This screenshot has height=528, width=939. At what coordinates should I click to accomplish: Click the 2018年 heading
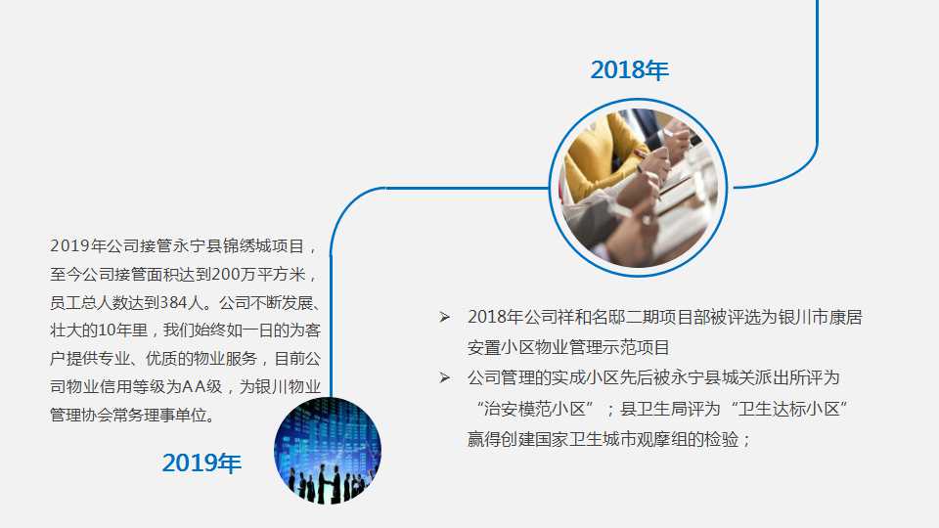pos(629,70)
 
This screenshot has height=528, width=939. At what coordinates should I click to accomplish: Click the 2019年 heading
pos(201,462)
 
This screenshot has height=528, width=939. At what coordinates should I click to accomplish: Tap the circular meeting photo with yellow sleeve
pos(639,188)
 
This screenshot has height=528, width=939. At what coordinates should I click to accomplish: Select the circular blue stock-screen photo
pos(328,450)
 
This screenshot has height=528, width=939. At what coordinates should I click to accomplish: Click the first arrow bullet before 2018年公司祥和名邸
pos(444,317)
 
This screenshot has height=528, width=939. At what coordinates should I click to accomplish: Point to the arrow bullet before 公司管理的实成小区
pos(444,377)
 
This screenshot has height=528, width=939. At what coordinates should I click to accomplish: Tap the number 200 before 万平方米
pos(226,275)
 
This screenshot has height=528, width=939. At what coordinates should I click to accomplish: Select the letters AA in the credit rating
pos(194,387)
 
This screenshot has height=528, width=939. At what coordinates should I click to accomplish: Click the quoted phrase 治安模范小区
pos(535,409)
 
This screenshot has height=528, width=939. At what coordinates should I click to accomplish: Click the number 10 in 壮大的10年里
pos(106,330)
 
